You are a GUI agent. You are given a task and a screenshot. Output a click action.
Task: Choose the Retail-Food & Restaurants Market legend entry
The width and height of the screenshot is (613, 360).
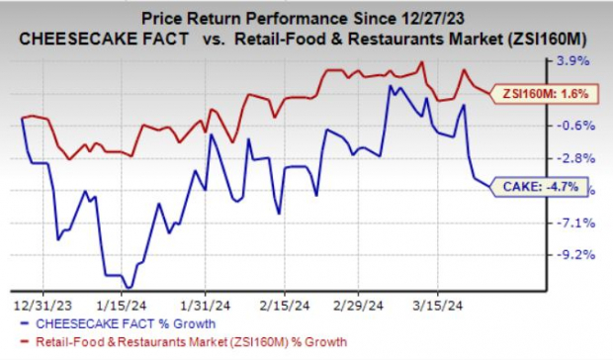[x=182, y=342]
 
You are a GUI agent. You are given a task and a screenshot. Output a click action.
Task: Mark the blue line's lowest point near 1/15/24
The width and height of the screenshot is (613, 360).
[x=127, y=288]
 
